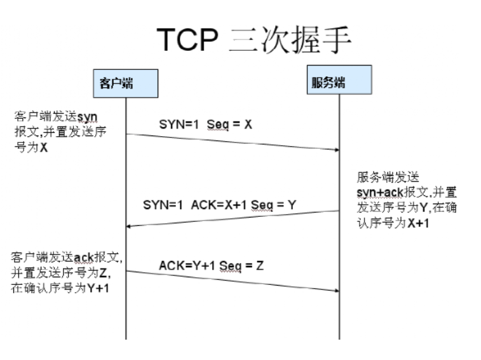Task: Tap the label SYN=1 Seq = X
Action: point(205,125)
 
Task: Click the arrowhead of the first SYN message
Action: point(335,150)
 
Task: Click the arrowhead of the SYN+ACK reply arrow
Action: point(131,225)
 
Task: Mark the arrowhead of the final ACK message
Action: point(335,291)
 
